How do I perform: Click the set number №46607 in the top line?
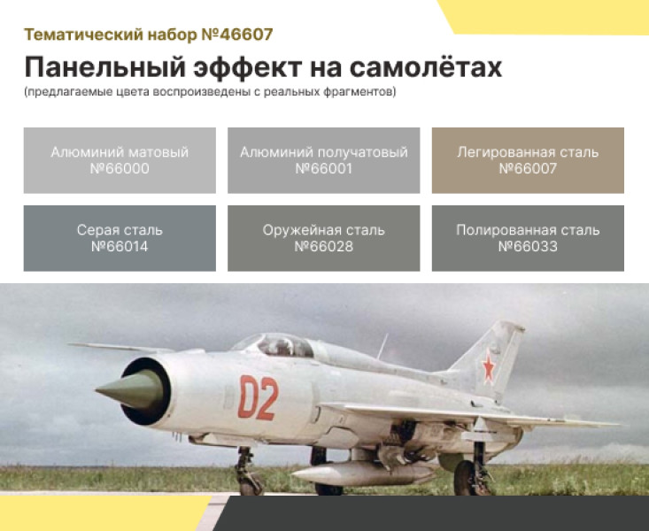pos(237,35)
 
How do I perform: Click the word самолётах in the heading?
pos(426,67)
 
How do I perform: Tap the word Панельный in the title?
pos(104,67)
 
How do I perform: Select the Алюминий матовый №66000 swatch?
pos(120,160)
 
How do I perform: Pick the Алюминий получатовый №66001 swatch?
pos(324,160)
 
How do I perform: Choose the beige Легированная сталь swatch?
pos(528,160)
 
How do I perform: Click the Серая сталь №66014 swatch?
pos(120,238)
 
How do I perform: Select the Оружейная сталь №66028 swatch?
pos(324,238)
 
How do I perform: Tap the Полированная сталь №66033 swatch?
pos(528,238)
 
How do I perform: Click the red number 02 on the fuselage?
pos(258,396)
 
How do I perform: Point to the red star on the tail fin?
pos(489,367)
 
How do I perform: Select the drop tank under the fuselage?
pos(363,473)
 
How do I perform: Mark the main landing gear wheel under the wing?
pos(467,478)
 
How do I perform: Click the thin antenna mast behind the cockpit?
pos(382,346)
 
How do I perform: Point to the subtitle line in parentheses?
pos(210,91)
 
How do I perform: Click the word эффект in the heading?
pos(248,67)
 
